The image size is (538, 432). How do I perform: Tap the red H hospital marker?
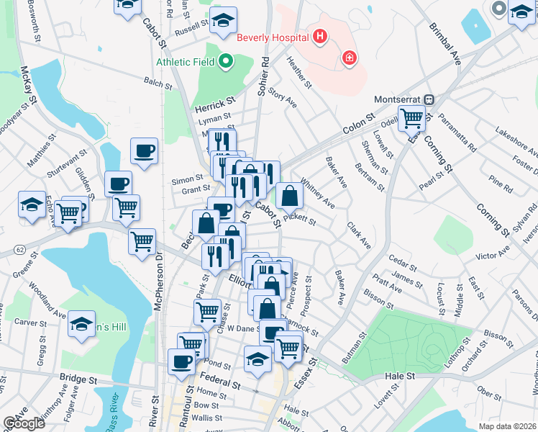[x=320, y=36]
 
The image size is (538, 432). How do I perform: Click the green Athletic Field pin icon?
[x=226, y=61]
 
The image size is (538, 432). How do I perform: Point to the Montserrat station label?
[x=396, y=99]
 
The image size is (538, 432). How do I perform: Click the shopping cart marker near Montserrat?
[x=412, y=117]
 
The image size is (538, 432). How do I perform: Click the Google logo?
[x=24, y=423]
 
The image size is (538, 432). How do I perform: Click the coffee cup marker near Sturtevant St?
[x=144, y=151]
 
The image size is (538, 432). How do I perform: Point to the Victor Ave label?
[x=493, y=253]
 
